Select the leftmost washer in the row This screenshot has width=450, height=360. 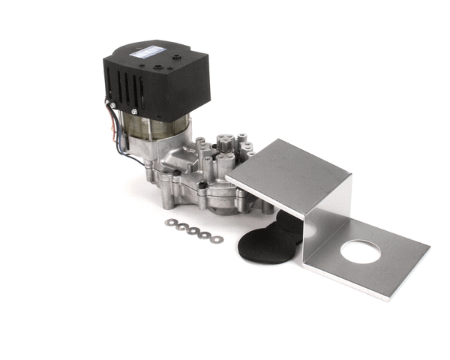point(172,222)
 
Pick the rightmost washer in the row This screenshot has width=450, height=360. point(217,239)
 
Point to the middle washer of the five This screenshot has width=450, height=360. point(193,231)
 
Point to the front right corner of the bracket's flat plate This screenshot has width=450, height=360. point(388,298)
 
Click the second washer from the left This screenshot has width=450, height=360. point(182,226)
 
